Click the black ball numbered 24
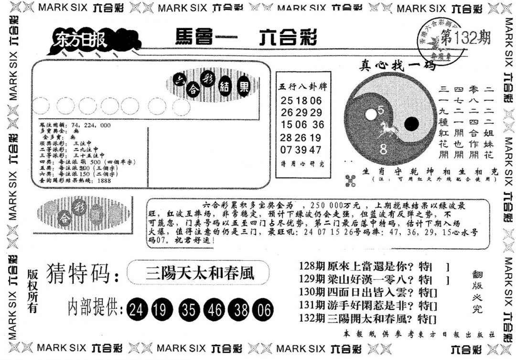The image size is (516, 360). pos(137,311)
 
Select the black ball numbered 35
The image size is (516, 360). pos(189,311)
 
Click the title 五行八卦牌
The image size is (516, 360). pos(303,87)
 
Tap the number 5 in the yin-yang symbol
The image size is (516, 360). pos(381,110)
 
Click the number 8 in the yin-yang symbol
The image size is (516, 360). pos(383,149)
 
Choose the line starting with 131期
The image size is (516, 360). pos(367,305)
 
